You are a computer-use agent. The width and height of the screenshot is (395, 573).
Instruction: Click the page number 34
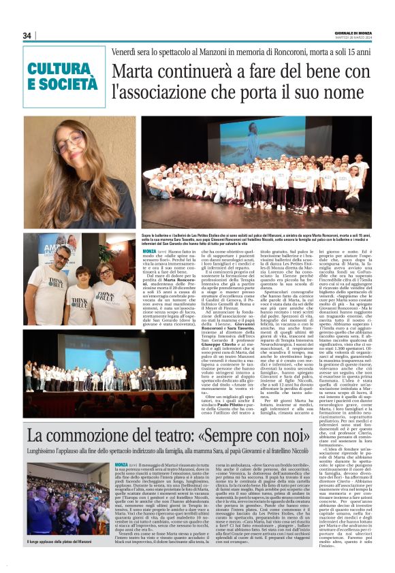click(27, 35)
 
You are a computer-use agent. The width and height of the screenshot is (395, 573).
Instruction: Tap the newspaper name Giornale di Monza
click(359, 31)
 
